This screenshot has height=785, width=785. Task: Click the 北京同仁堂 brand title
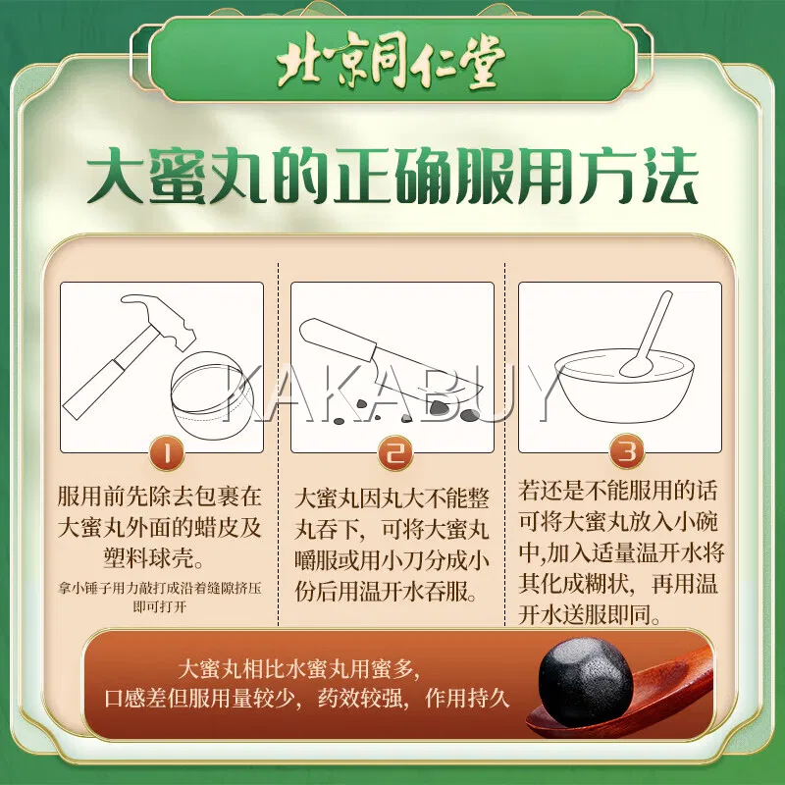click(391, 62)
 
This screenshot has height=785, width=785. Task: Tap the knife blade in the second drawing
click(426, 379)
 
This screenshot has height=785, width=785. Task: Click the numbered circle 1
click(167, 453)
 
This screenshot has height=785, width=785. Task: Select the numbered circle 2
click(395, 453)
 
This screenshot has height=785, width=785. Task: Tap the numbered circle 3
click(627, 451)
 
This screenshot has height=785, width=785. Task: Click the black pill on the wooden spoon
click(586, 676)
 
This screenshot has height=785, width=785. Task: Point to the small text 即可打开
click(160, 607)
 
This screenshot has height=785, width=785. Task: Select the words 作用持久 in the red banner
click(468, 699)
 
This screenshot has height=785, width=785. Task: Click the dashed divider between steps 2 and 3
click(504, 445)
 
